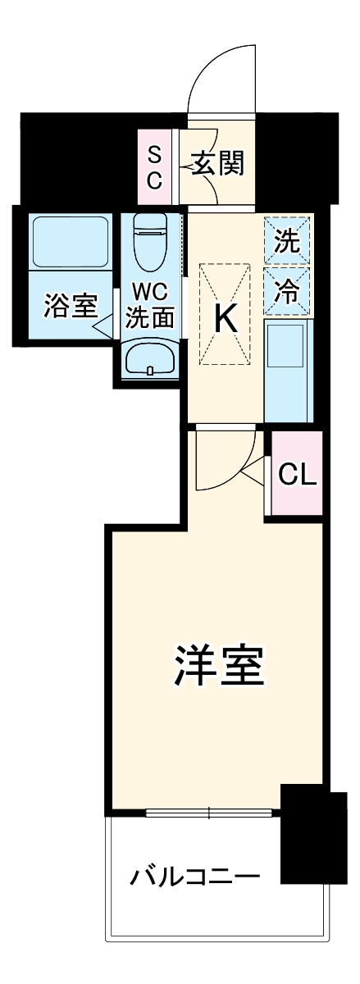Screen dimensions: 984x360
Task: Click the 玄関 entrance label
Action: click(219, 165)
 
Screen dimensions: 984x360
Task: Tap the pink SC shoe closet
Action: click(154, 167)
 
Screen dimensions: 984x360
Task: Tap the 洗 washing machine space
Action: click(287, 241)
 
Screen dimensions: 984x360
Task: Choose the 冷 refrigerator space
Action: click(287, 291)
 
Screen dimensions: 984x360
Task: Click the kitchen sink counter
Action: click(288, 370)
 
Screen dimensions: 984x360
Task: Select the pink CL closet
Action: click(297, 474)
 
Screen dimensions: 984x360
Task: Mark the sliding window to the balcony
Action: click(210, 813)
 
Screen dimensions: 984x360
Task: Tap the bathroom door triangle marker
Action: click(103, 329)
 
